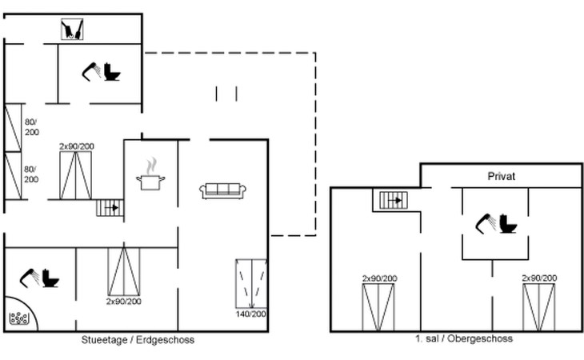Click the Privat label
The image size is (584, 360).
502,176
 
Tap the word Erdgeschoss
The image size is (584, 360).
165,340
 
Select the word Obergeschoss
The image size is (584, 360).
480,338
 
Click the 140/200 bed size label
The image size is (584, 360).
250,314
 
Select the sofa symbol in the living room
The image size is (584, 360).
222,191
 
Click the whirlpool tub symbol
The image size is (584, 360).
19,318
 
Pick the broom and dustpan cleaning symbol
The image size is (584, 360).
72,30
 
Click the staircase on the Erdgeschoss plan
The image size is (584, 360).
110,208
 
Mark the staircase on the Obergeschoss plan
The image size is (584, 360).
394,200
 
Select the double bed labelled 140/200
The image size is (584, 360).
251,283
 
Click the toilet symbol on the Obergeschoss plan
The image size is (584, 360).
508,224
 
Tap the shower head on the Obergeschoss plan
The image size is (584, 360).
486,223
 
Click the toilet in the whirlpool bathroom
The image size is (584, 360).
50,278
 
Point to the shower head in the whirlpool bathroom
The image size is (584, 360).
30,278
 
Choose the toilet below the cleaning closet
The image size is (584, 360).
112,72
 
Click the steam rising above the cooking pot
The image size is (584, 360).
151,166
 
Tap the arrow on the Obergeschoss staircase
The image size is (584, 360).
394,200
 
